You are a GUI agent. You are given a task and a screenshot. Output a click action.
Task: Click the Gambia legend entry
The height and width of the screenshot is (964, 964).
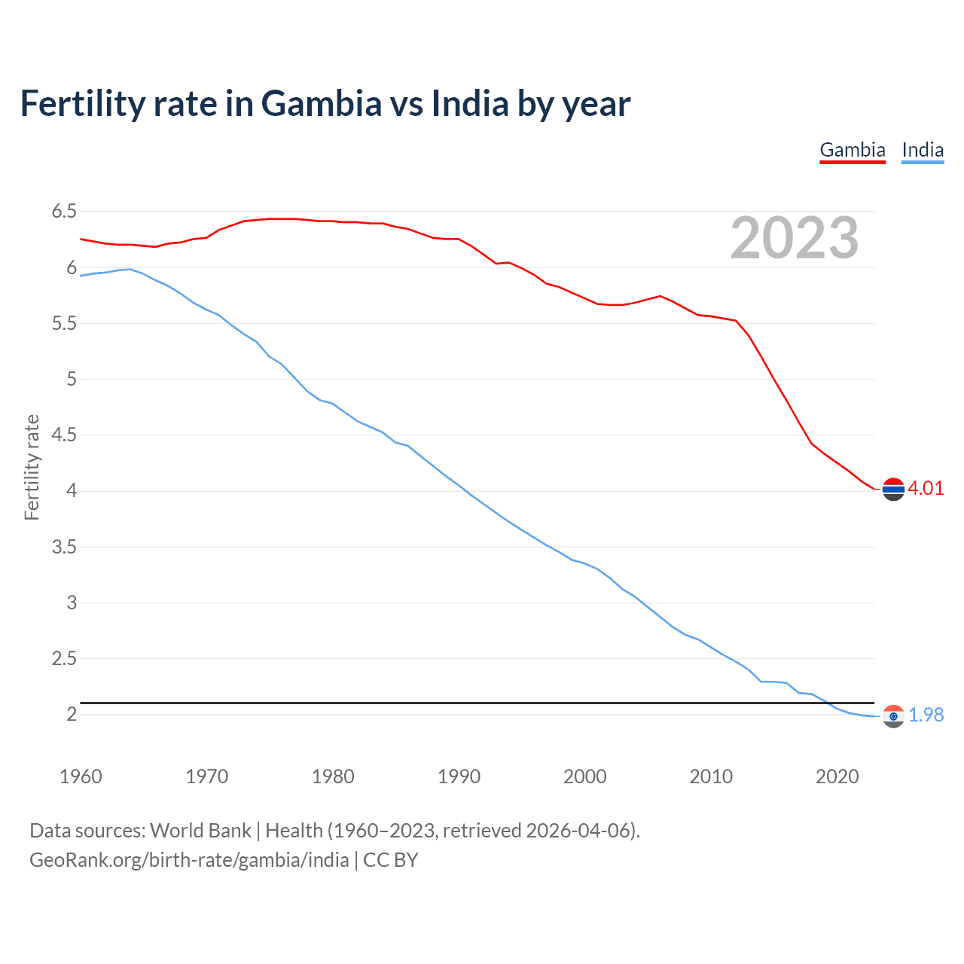[x=853, y=150]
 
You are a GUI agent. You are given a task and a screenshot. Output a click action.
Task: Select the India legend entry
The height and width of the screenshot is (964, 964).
[x=923, y=150]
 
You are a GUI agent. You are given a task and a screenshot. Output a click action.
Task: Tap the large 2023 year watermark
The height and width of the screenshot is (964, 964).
[x=794, y=238]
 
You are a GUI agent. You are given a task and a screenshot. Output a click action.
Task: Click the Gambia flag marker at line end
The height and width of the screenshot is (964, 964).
[x=893, y=490]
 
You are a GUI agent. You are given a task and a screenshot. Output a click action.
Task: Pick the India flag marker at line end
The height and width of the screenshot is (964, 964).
[x=893, y=716]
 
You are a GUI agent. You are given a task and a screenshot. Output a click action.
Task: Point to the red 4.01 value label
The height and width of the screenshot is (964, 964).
[x=926, y=488]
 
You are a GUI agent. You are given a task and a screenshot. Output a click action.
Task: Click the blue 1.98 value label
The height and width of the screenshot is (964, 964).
[x=926, y=715]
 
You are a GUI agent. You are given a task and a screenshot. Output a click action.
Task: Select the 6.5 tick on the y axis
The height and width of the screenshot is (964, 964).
[x=64, y=212]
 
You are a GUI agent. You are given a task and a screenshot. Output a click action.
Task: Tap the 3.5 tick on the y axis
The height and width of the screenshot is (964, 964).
[x=64, y=547]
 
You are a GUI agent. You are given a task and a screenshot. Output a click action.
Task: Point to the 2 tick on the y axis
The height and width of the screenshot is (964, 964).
[x=72, y=714]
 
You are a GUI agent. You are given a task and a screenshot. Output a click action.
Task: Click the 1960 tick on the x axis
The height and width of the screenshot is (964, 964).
[x=81, y=776]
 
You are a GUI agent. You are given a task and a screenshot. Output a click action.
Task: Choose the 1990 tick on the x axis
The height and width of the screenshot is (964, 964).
[x=459, y=776]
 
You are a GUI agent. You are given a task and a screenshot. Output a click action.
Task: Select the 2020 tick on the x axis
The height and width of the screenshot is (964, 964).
[x=837, y=776]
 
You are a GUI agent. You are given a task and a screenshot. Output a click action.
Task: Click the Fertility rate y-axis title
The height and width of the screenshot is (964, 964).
[x=32, y=467]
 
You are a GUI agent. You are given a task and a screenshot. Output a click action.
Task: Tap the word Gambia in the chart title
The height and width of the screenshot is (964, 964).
[x=322, y=104]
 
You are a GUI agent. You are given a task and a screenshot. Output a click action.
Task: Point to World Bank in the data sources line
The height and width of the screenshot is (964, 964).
[x=200, y=831]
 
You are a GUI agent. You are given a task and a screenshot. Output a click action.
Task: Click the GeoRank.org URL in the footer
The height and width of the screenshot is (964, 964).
[x=189, y=860]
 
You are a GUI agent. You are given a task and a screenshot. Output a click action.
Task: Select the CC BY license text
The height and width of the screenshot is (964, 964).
[x=390, y=860]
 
